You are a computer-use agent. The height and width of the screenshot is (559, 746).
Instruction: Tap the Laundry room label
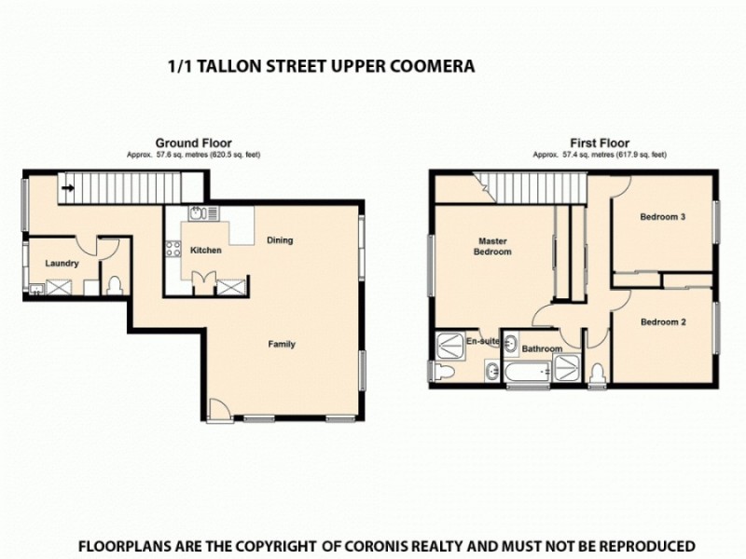[x=62, y=264]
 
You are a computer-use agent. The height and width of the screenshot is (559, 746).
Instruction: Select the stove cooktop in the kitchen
[x=173, y=249]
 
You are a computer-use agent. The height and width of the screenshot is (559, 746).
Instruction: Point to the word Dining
[x=280, y=240]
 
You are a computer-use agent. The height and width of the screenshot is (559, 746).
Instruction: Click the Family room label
[x=282, y=344]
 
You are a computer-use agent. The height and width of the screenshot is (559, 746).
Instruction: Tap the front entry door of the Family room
[x=216, y=409]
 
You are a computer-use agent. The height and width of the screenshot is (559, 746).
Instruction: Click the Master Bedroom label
[x=491, y=246]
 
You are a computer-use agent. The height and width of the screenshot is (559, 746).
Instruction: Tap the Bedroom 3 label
[x=663, y=217]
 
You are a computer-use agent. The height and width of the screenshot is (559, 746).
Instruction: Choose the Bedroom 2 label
[x=663, y=322]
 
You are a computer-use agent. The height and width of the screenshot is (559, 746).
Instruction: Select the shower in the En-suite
[x=449, y=345]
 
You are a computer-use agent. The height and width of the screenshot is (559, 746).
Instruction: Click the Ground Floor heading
[x=193, y=143]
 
